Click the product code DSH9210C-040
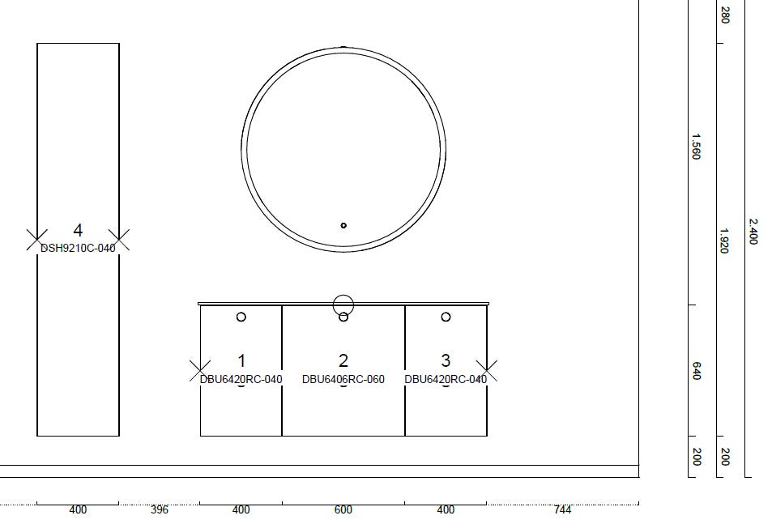(x=78, y=248)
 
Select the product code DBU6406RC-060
(x=343, y=379)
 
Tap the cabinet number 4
(x=78, y=230)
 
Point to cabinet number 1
(x=241, y=360)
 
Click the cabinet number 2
(x=343, y=360)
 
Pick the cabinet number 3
(x=446, y=360)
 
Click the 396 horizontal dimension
(x=160, y=509)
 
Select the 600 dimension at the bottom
(x=343, y=509)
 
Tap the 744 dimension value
(x=562, y=509)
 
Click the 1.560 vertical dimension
(x=696, y=147)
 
